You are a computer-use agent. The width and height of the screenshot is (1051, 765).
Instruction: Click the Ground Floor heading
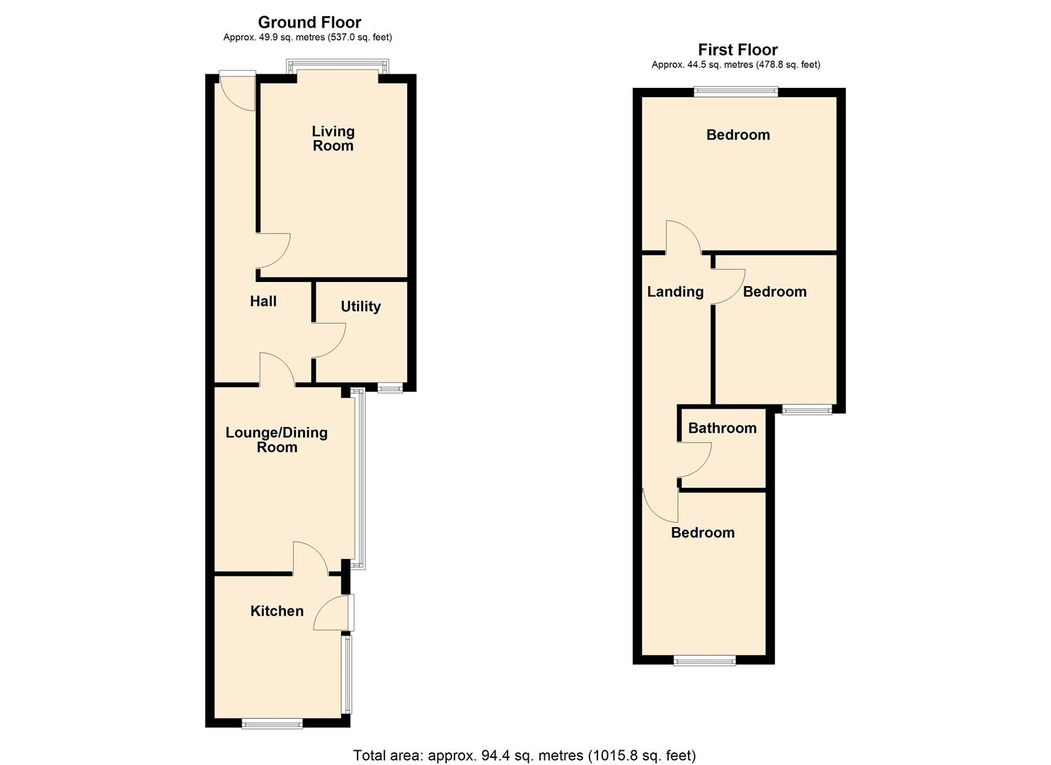(309, 22)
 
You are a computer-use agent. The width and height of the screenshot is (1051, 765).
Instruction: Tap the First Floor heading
(737, 50)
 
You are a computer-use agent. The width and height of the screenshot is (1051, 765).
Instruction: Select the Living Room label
(333, 138)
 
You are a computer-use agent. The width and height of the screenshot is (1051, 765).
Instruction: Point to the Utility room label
(360, 306)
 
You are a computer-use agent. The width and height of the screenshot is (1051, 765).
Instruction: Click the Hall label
(263, 301)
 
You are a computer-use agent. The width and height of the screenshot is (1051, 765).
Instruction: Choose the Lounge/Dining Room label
(277, 439)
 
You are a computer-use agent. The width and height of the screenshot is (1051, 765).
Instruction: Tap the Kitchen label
(277, 611)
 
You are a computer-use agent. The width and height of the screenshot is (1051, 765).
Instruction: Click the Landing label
(675, 291)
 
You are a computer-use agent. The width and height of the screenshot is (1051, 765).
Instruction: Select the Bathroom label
(722, 428)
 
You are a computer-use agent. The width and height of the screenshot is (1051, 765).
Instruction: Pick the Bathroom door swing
(694, 459)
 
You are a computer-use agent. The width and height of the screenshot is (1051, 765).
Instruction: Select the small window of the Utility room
(389, 387)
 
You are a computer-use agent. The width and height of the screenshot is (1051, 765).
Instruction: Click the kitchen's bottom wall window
(272, 722)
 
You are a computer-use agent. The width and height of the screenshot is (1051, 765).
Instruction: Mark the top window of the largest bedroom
(736, 91)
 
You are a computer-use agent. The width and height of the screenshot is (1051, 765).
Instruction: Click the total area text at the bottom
(524, 755)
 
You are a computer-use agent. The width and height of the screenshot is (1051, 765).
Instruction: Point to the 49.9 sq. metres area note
(307, 37)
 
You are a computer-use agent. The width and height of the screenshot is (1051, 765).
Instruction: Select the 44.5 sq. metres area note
(736, 64)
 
